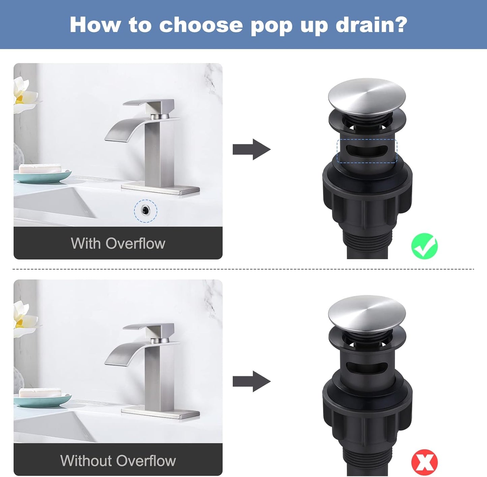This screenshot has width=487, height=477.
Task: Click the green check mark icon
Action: click(x=424, y=246)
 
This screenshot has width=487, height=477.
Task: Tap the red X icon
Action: click(x=424, y=462)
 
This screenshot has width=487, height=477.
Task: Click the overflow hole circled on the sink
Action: click(x=145, y=211)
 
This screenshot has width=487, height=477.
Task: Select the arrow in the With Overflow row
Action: click(x=251, y=149)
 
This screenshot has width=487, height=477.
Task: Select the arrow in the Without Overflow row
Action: click(x=251, y=381)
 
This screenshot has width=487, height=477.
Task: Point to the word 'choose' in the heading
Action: click(x=201, y=25)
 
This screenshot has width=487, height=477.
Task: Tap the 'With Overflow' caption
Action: click(x=118, y=243)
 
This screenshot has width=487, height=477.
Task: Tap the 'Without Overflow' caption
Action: click(x=118, y=461)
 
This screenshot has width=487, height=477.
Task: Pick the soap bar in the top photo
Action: click(x=40, y=168)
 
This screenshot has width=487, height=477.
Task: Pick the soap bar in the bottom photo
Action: click(x=40, y=392)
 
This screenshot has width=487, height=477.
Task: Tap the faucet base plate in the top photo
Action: click(x=160, y=189)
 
